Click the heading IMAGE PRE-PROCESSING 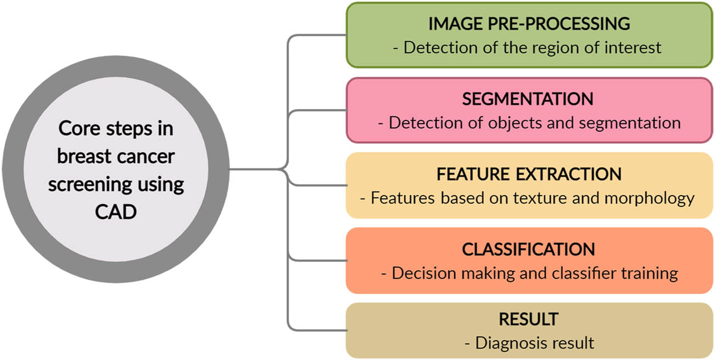529,24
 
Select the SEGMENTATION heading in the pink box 528,99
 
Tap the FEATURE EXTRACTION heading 529,174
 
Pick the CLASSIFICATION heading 528,249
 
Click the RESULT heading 528,319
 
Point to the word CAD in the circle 116,212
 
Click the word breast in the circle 81,156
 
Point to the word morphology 650,198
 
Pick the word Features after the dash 404,198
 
